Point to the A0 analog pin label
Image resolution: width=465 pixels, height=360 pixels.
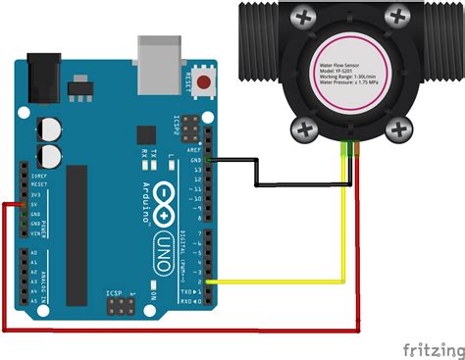34,252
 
